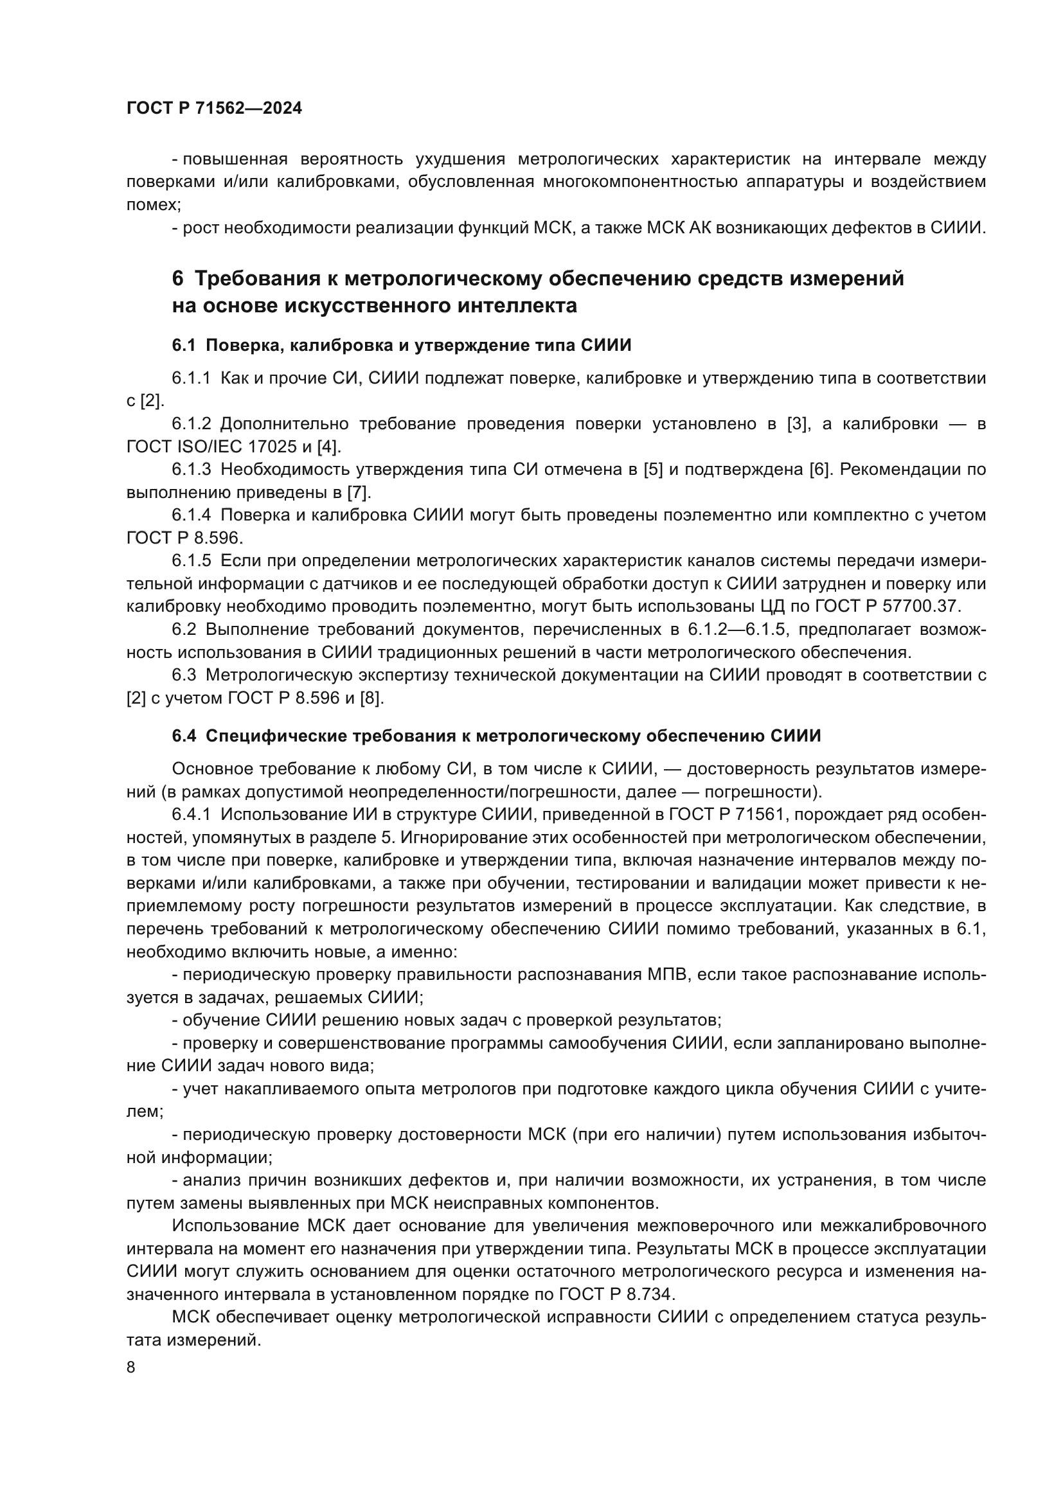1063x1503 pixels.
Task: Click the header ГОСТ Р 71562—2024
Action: (x=214, y=109)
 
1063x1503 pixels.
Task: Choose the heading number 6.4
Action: (x=183, y=736)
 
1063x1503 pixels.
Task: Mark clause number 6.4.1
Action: (x=191, y=815)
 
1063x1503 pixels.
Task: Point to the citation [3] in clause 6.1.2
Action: (x=799, y=424)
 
